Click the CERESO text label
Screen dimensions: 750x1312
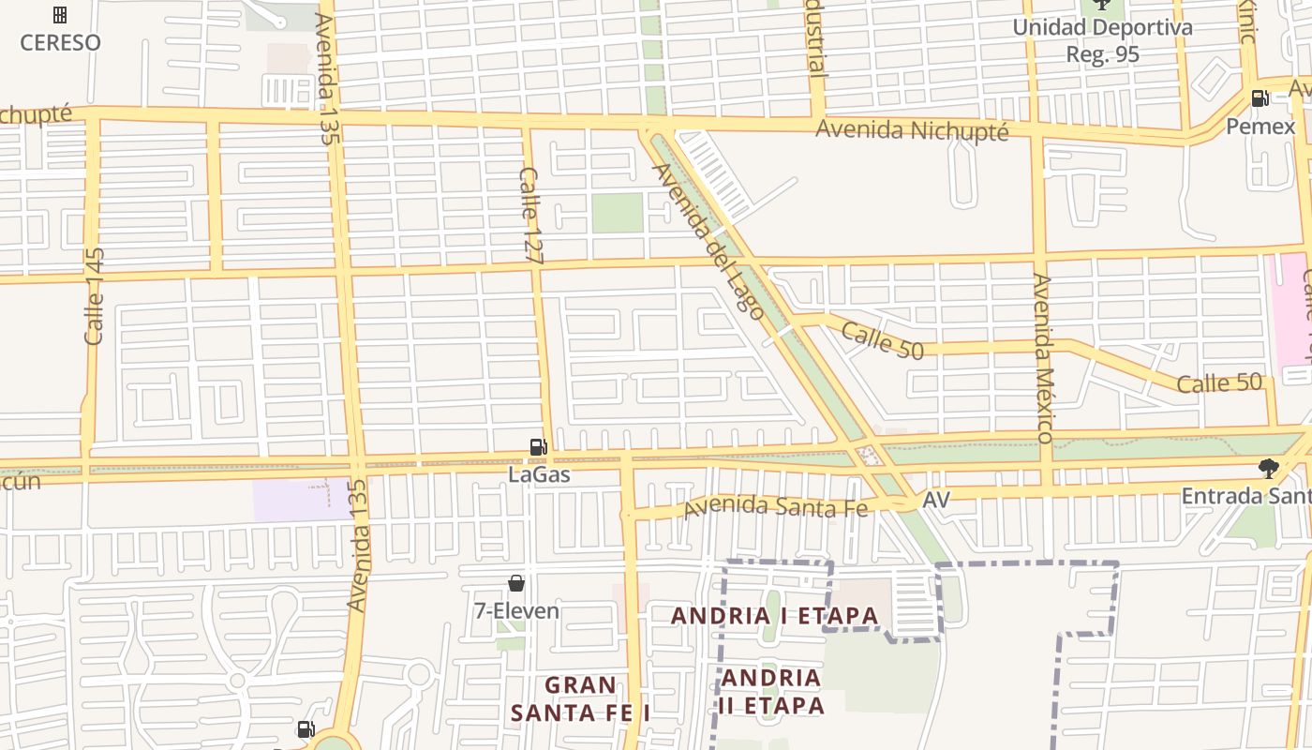(60, 42)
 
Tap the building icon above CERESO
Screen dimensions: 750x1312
(60, 15)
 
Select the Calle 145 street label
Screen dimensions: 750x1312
(94, 296)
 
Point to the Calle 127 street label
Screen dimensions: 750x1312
(530, 215)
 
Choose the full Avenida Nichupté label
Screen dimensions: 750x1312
(912, 129)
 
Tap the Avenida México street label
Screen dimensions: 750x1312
(1043, 358)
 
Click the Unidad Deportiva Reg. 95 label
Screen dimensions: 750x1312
(1102, 40)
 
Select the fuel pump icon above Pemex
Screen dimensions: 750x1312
(1260, 98)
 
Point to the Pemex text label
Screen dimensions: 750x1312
(1260, 126)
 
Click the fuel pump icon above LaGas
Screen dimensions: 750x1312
(539, 447)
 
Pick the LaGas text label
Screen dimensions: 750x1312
(539, 474)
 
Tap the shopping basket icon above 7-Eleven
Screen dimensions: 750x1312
(516, 583)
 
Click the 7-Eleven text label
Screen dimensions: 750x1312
(516, 611)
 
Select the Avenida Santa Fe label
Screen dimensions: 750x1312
(777, 506)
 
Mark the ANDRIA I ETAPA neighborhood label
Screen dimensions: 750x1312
(775, 616)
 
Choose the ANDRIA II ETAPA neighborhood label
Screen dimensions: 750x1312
(772, 691)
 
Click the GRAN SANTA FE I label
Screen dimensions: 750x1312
(581, 699)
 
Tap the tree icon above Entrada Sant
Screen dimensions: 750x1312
(1269, 468)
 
